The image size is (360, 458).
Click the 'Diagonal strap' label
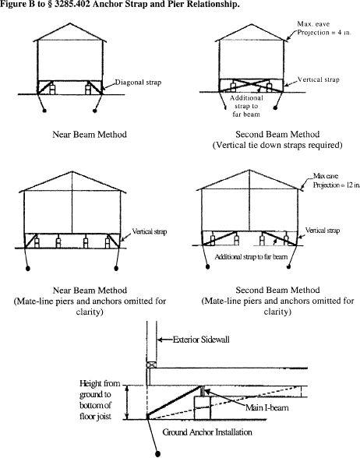tap(138, 83)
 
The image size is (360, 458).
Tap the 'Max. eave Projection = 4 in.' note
tap(324, 28)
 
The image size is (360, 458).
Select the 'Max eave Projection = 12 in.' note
tap(336, 181)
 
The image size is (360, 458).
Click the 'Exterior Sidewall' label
tap(201, 340)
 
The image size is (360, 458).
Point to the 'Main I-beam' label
tap(266, 407)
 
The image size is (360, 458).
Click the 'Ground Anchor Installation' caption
tap(207, 432)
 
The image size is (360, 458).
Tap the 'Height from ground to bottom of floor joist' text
tap(100, 400)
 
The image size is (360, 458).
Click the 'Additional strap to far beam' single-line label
tap(251, 257)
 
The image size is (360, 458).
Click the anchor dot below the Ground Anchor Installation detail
tap(157, 454)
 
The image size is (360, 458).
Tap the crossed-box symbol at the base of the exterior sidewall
tap(151, 365)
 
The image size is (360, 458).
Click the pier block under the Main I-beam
tap(203, 408)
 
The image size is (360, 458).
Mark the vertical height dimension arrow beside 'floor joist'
tap(127, 403)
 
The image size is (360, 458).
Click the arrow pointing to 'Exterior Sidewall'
tap(165, 340)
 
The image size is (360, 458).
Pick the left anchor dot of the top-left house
tap(44, 111)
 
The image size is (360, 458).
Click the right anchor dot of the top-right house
tap(275, 108)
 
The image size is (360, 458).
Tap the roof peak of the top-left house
tap(69, 23)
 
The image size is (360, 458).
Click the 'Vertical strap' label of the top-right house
tap(318, 79)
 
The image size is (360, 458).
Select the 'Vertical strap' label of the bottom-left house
tap(150, 231)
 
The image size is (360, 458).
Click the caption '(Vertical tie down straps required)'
tap(277, 145)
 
